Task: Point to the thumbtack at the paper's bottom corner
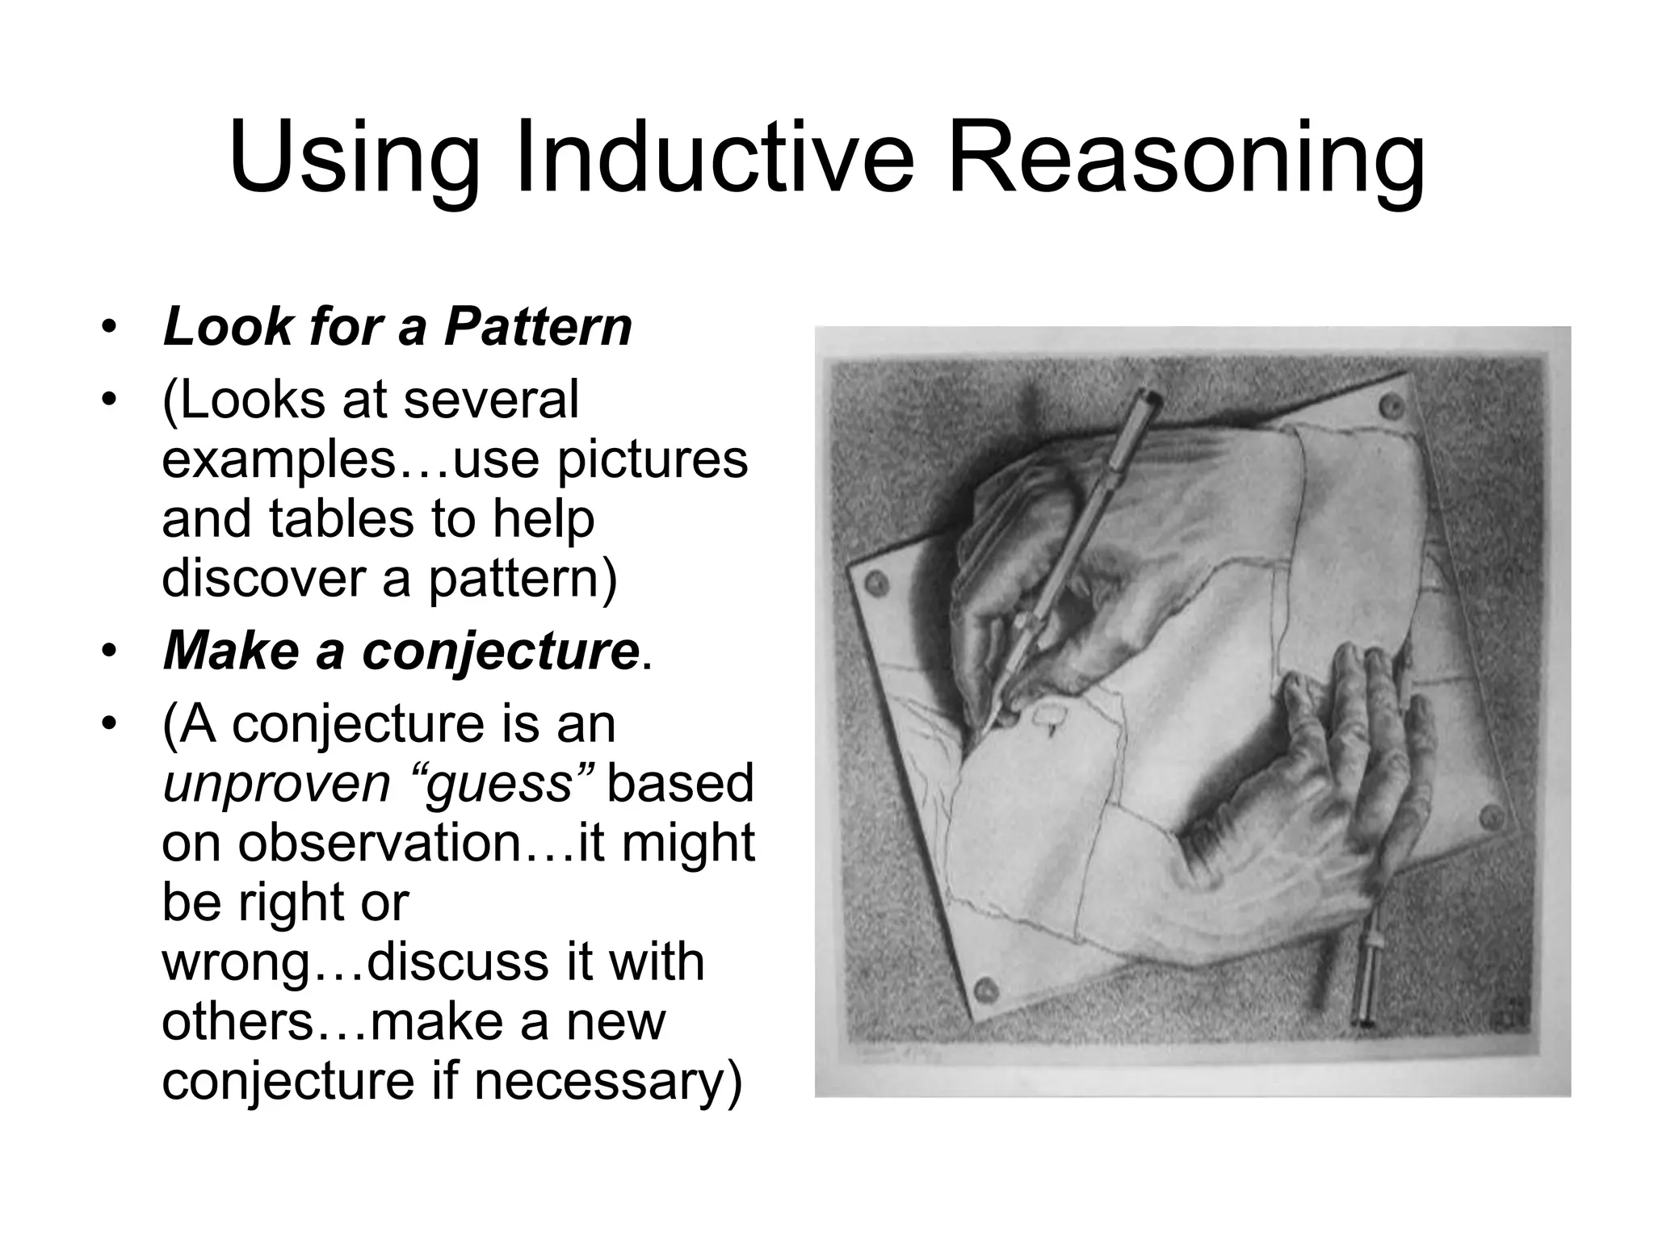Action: tap(985, 988)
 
